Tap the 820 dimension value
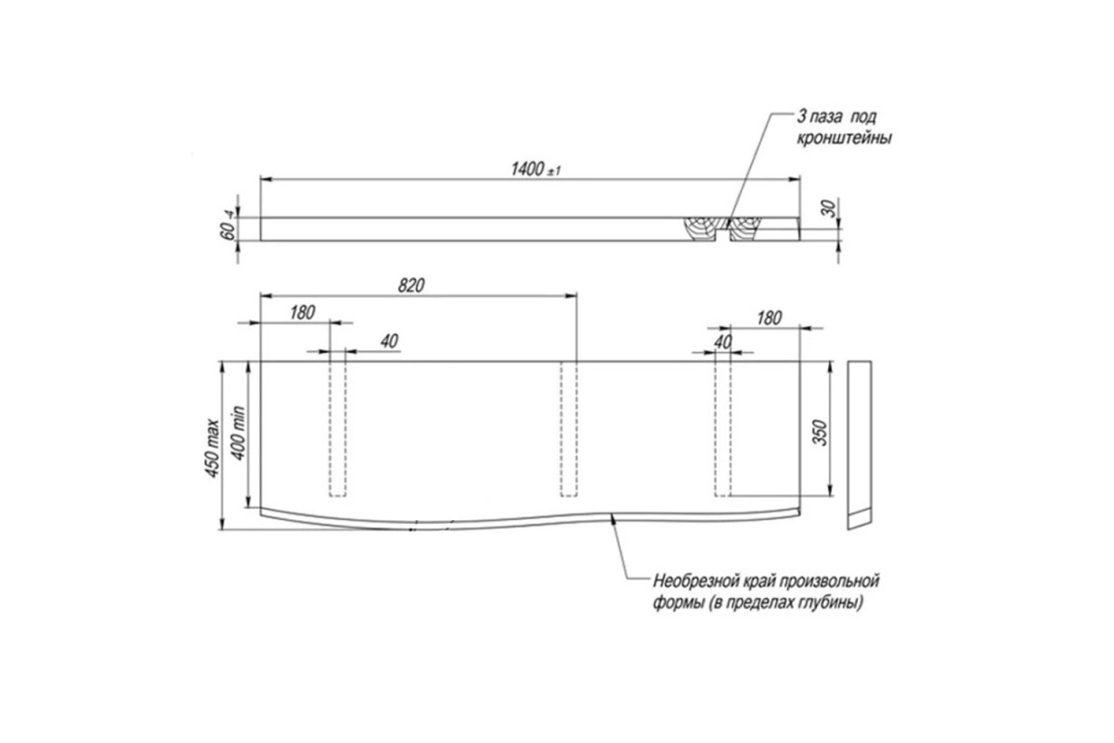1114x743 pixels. [x=411, y=286]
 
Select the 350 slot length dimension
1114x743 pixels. [x=821, y=433]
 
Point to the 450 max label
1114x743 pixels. [x=213, y=449]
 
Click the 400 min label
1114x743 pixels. [x=239, y=433]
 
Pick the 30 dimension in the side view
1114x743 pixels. [x=829, y=208]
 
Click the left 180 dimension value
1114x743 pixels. [x=303, y=313]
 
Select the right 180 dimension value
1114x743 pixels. [x=769, y=318]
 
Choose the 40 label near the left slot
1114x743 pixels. [x=389, y=342]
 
